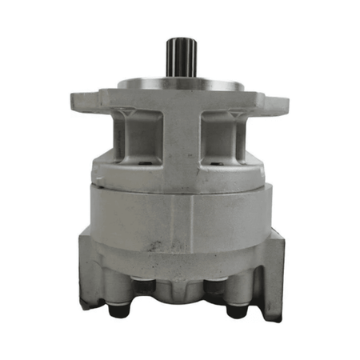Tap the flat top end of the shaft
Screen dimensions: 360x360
pyautogui.click(x=180, y=39)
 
